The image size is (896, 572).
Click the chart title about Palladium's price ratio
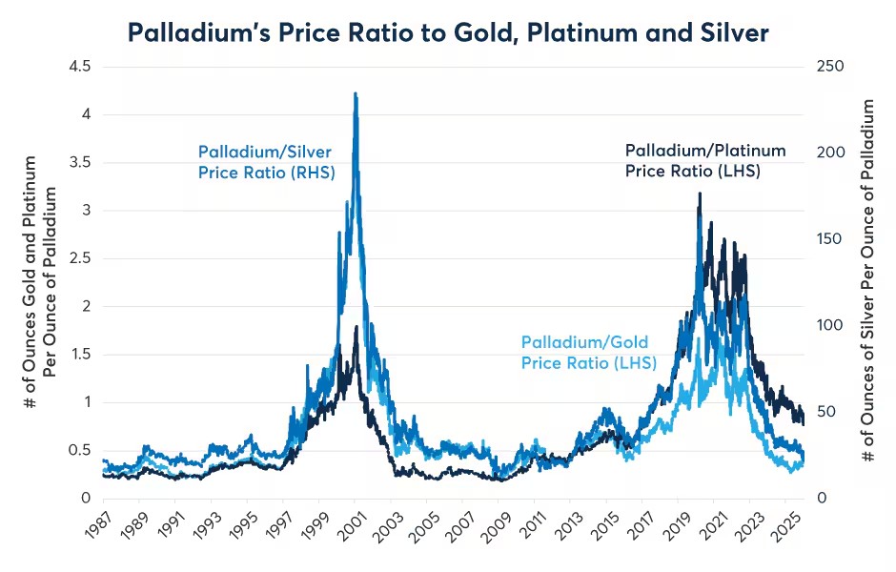coord(448,32)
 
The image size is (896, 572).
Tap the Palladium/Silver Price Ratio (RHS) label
coord(266,162)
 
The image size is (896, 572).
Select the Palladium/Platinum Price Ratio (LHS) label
coord(705,160)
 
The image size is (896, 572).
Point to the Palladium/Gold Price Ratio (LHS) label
coord(588,352)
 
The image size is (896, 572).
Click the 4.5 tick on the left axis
coord(79,67)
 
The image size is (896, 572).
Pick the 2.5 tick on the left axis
coord(79,258)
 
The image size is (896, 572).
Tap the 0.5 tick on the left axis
coord(79,450)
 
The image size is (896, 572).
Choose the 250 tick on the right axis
coord(830,67)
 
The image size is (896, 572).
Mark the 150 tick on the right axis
coord(829,239)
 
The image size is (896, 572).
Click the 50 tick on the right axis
coord(826,412)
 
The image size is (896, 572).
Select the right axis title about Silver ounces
coord(868,280)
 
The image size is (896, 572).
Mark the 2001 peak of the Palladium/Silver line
coord(356,93)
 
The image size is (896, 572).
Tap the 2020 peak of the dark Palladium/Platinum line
coord(700,194)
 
